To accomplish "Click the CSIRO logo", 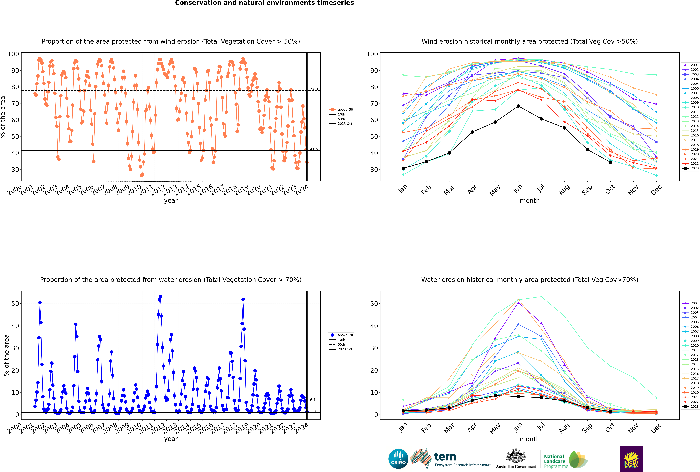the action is (x=398, y=459).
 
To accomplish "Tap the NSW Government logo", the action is (x=631, y=458).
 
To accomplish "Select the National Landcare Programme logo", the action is (x=566, y=459).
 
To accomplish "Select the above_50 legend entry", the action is (x=341, y=110).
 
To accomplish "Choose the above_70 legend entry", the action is (x=341, y=335).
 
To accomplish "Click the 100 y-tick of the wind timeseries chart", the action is (x=13, y=54).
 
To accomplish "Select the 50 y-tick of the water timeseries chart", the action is (x=15, y=304).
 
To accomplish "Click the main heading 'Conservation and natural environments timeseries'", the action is (x=265, y=3).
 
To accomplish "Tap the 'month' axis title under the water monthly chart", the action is (x=530, y=439).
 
